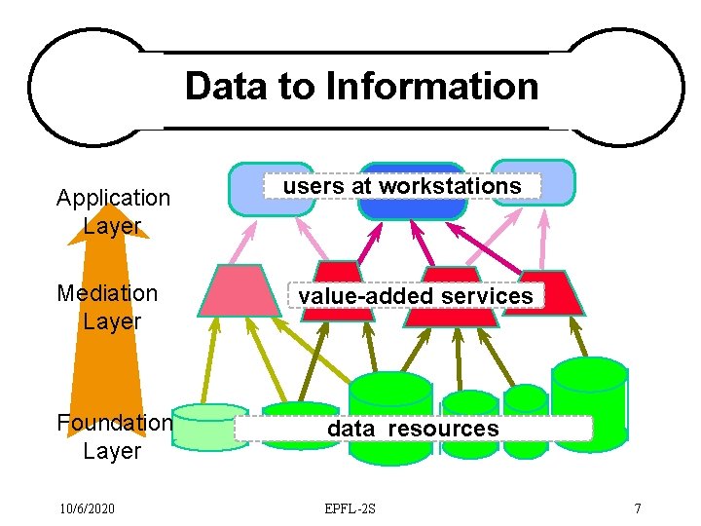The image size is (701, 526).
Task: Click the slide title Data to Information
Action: point(361,86)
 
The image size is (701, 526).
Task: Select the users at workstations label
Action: point(402,185)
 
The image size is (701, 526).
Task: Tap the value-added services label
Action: point(416,295)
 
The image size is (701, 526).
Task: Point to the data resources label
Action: point(413,428)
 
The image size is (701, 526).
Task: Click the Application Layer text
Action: point(113,211)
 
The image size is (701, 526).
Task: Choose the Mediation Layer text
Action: point(107,306)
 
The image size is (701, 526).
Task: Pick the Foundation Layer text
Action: point(114,436)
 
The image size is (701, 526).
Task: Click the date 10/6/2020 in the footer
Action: point(87,508)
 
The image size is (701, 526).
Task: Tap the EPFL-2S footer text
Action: point(351,508)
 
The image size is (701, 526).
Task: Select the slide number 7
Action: point(637,508)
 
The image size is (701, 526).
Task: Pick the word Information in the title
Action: point(432,86)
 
